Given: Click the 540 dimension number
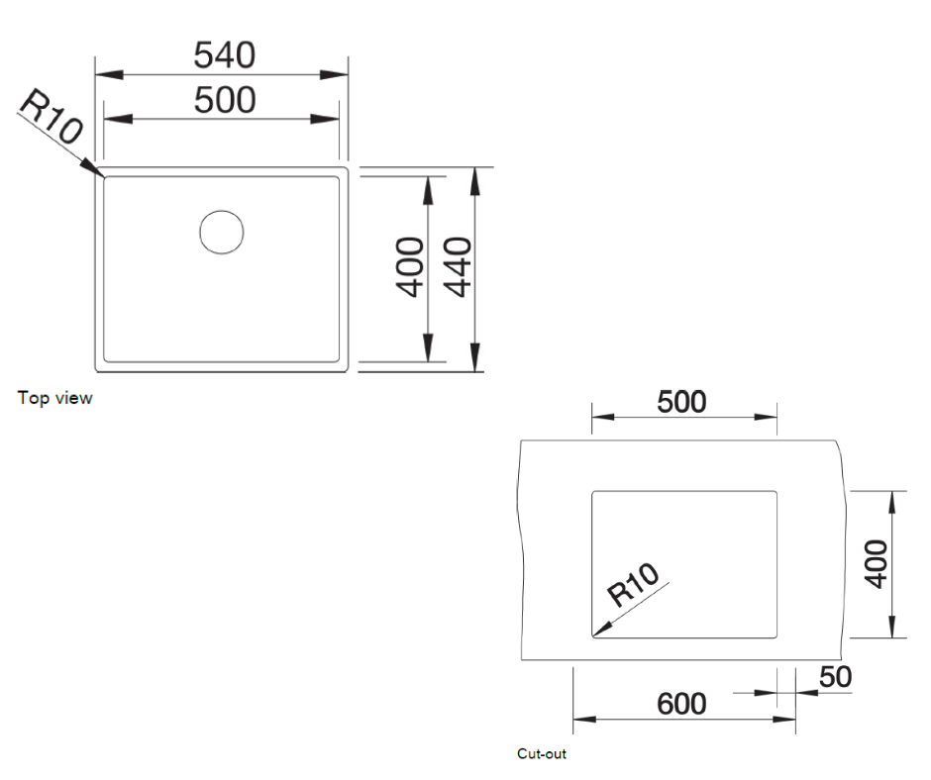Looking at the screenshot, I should [223, 54].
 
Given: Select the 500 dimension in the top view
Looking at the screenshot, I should [224, 99].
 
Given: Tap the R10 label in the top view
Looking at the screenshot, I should [50, 118].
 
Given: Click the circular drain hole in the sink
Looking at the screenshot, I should [221, 231].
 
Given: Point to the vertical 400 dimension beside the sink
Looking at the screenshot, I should [410, 267].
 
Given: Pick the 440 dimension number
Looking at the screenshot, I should [458, 267].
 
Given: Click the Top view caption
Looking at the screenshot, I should [54, 398].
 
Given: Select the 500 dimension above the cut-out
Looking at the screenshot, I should [682, 401].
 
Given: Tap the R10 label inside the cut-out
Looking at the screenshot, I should [633, 585].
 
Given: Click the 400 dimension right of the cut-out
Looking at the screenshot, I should [876, 564].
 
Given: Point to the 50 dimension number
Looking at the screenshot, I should [835, 677].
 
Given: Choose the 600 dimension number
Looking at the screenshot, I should [682, 704].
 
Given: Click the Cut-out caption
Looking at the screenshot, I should [542, 754].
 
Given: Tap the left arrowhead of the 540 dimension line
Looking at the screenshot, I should [103, 74].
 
